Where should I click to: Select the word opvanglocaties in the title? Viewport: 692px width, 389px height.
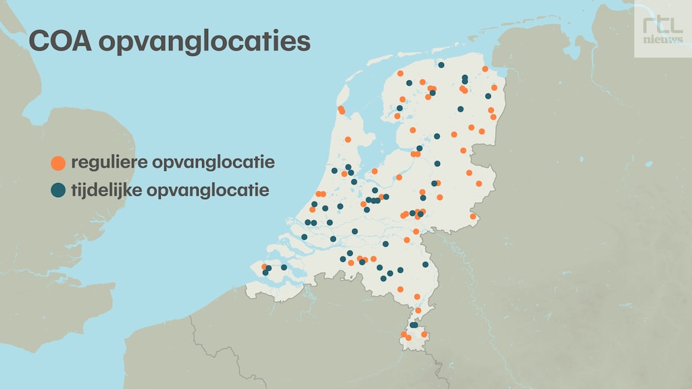pos(205,42)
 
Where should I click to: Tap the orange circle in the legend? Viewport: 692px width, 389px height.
pos(58,163)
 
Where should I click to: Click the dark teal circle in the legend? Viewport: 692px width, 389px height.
pos(58,190)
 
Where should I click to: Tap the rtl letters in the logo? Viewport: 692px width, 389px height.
pos(662,26)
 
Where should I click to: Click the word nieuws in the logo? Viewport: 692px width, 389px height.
pos(662,39)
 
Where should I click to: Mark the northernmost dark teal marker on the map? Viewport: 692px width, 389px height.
pos(441,66)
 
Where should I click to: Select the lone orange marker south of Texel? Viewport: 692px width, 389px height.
pos(348,140)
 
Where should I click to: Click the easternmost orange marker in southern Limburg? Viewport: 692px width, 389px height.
pos(424,334)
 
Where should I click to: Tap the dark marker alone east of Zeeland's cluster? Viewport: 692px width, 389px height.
pos(284,267)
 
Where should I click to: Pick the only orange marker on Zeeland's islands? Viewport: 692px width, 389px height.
pos(264,267)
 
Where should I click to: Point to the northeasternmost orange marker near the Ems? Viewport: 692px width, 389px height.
pos(485,69)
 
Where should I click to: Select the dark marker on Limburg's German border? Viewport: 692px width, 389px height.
pos(425,264)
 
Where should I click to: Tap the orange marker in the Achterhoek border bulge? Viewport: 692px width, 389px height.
pos(473,217)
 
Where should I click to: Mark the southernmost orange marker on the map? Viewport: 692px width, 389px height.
pos(407,338)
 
